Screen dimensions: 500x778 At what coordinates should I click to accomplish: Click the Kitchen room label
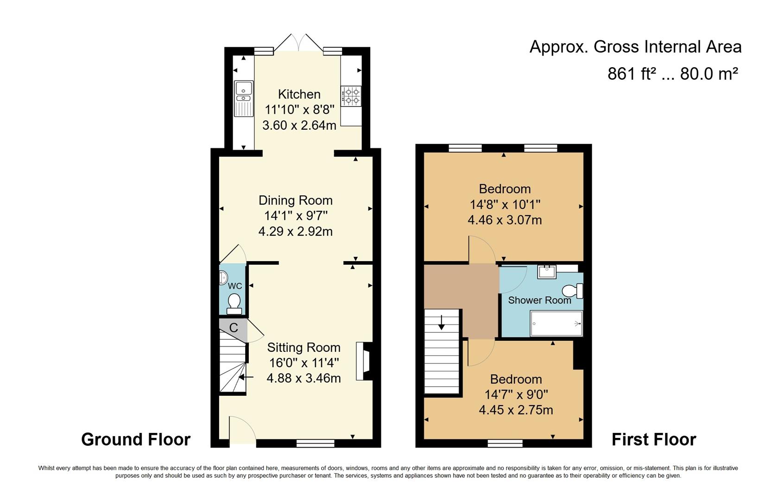[x=299, y=94]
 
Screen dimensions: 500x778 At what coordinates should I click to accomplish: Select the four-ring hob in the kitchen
[x=351, y=96]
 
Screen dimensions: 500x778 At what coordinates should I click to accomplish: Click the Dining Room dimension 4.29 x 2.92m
[x=295, y=231]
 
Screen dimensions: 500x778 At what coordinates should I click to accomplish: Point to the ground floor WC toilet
[x=234, y=303]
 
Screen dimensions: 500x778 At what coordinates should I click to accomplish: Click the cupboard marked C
[x=234, y=328]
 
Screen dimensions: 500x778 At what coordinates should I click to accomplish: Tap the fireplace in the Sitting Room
[x=363, y=361]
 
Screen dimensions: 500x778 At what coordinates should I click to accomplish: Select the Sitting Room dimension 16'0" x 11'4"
[x=304, y=362]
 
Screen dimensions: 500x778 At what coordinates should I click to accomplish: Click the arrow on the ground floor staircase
[x=246, y=377]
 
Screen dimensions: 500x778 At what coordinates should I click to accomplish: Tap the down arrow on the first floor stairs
[x=441, y=322]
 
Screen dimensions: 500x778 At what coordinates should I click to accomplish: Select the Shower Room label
[x=539, y=300]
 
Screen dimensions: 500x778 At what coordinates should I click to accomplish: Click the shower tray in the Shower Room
[x=556, y=323]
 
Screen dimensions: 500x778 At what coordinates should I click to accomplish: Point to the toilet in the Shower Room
[x=573, y=291]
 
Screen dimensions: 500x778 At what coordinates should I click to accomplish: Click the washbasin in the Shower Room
[x=547, y=271]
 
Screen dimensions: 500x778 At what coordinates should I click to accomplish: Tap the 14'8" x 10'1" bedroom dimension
[x=505, y=204]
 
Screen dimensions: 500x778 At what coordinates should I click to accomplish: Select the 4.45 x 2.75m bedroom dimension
[x=516, y=410]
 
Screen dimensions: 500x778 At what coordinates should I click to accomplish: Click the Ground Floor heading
[x=136, y=439]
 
